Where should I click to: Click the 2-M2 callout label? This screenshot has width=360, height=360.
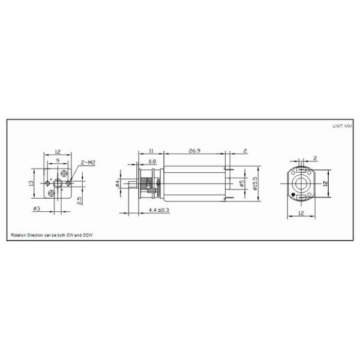[x=89, y=161]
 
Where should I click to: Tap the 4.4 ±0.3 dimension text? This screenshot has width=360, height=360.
[x=158, y=210]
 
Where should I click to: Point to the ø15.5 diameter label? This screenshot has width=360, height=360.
[x=256, y=182]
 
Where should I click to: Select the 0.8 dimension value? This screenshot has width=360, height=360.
[x=152, y=161]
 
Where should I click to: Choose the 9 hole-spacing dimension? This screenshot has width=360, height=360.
[x=58, y=161]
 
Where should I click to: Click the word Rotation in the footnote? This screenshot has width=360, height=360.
[x=20, y=234]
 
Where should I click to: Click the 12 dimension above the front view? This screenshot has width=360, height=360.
[x=58, y=152]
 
